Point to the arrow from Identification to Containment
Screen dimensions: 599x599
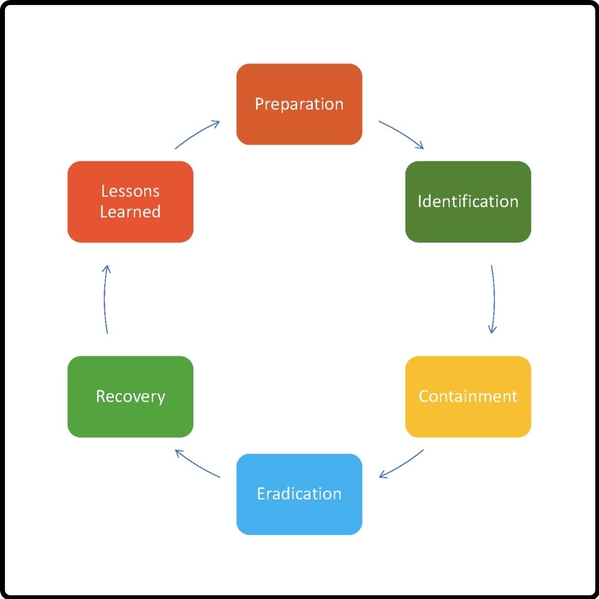pos(493,299)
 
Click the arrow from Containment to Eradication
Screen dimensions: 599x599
pos(402,464)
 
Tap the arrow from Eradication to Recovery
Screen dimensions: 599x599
pos(197,464)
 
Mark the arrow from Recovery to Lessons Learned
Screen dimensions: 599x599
pos(105,299)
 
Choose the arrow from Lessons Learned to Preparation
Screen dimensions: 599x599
pos(197,134)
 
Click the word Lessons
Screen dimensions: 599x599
pos(130,191)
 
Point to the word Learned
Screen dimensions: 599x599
pos(130,212)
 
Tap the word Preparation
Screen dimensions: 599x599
pos(299,104)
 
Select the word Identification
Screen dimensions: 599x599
pos(468,201)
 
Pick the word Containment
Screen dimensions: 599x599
pos(468,397)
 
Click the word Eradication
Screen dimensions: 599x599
pos(299,494)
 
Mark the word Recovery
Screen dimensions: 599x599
pos(130,397)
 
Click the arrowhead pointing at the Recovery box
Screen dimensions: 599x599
pos(178,452)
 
